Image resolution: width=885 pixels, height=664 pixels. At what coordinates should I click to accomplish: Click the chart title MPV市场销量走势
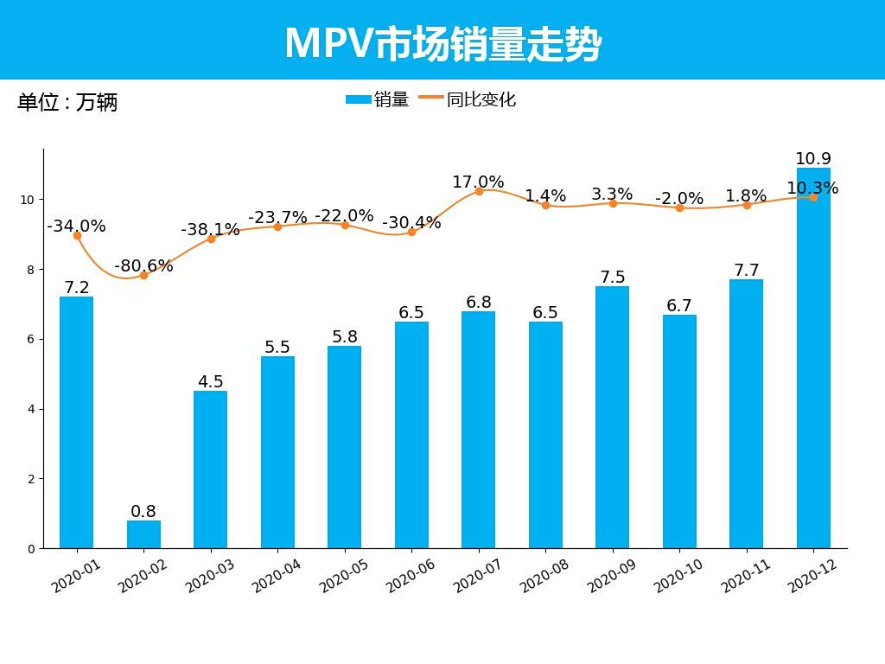[x=442, y=44]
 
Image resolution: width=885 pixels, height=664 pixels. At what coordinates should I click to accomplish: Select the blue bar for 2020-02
[x=143, y=534]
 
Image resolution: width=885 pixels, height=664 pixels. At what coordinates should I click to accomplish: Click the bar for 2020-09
[x=612, y=417]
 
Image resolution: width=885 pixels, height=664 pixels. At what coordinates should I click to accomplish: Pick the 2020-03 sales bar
[x=210, y=469]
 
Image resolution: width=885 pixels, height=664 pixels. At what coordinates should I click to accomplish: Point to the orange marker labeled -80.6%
[x=143, y=275]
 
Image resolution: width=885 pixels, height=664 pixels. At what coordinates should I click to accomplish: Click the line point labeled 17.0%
[x=479, y=191]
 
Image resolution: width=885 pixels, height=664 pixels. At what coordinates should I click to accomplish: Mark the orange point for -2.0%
[x=679, y=207]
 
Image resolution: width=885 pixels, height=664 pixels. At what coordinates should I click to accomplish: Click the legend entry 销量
[x=378, y=99]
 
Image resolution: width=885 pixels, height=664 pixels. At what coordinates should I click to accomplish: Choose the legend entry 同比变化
[x=468, y=99]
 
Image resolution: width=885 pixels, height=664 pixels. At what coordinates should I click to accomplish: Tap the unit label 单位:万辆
[x=67, y=103]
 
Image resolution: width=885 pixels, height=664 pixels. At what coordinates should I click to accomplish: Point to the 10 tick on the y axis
[x=29, y=200]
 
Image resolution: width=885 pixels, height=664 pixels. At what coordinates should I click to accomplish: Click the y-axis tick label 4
[x=31, y=409]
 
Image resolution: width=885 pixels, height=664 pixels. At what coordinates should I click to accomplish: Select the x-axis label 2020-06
[x=411, y=575]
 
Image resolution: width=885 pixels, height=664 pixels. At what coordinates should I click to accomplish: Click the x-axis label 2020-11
[x=745, y=575]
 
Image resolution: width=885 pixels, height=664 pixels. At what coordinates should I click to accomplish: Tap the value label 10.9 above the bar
[x=812, y=159]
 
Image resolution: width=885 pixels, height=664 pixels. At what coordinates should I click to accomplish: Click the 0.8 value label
[x=143, y=512]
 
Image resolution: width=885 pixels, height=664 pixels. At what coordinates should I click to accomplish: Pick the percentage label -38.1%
[x=210, y=230]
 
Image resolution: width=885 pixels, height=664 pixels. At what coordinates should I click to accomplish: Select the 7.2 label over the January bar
[x=77, y=288]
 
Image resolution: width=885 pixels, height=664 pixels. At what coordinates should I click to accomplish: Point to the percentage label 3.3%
[x=612, y=195]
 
